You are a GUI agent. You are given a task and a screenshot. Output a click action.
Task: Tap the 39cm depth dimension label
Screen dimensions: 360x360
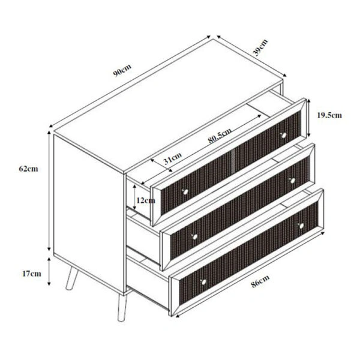coord(260,47)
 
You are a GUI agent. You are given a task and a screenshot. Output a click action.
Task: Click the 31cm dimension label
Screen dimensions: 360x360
coord(172,159)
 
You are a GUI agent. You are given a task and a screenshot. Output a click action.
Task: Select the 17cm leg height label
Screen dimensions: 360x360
coord(31,274)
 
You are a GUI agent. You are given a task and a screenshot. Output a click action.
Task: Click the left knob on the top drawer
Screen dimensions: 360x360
coord(185,191)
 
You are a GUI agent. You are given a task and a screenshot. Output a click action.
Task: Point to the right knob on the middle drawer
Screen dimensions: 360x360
coord(292,179)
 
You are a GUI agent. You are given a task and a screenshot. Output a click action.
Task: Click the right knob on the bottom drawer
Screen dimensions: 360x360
coord(302,225)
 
